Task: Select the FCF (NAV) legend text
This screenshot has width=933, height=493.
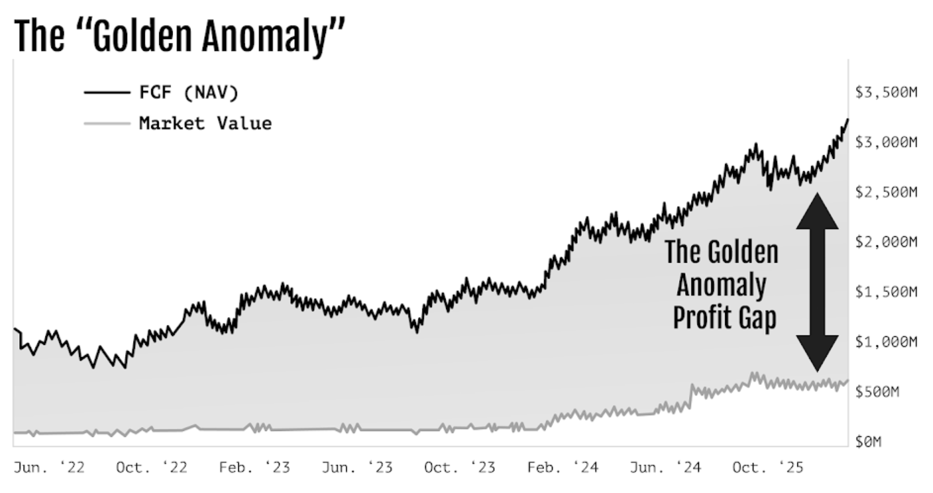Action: click(x=188, y=93)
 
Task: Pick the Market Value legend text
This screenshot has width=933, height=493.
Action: click(x=205, y=124)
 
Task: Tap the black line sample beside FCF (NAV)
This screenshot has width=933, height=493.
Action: click(x=107, y=93)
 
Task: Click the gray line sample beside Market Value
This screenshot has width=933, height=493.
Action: click(x=107, y=124)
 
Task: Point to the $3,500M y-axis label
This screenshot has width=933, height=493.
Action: click(x=885, y=93)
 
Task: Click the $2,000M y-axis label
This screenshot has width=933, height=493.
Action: click(x=885, y=242)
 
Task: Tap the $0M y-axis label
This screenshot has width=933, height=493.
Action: click(x=868, y=442)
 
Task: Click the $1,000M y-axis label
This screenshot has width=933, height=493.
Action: click(x=885, y=342)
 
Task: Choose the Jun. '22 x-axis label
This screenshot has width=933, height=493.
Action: click(x=49, y=468)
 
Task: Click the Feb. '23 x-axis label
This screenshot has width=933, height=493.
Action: click(x=254, y=468)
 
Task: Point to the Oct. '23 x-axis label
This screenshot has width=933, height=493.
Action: click(x=460, y=468)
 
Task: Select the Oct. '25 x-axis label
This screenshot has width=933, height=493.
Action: click(x=767, y=468)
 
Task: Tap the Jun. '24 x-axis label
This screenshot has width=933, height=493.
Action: click(x=665, y=468)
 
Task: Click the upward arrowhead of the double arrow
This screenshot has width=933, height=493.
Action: click(x=817, y=211)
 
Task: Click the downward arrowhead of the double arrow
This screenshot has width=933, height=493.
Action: click(x=817, y=353)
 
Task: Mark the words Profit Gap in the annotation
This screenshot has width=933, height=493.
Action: click(x=724, y=318)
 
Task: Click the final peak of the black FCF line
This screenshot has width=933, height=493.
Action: click(x=847, y=120)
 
